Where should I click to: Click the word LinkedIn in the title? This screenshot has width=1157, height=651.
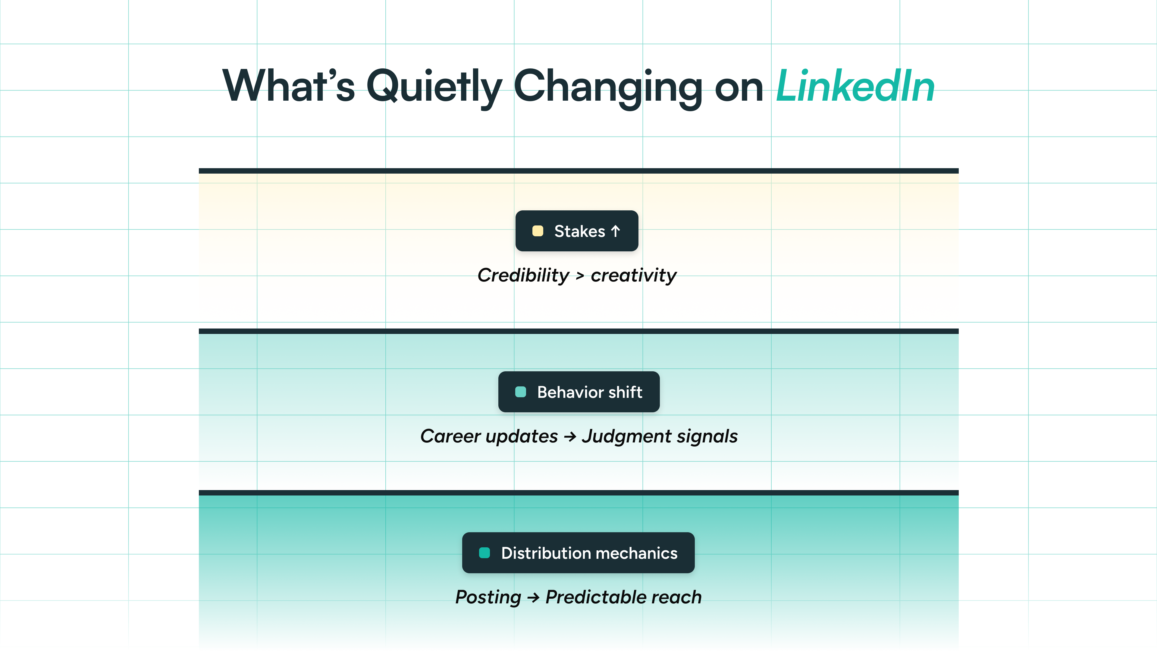(855, 86)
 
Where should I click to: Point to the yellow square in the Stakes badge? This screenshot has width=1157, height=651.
(538, 231)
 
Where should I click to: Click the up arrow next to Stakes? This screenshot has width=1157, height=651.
(615, 231)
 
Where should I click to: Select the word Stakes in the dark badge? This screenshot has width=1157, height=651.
(579, 231)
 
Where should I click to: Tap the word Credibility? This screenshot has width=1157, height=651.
(523, 275)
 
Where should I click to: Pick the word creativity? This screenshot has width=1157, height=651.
(634, 276)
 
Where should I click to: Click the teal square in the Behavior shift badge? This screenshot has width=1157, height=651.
(521, 392)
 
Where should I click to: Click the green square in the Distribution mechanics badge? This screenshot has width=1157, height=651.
(484, 553)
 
